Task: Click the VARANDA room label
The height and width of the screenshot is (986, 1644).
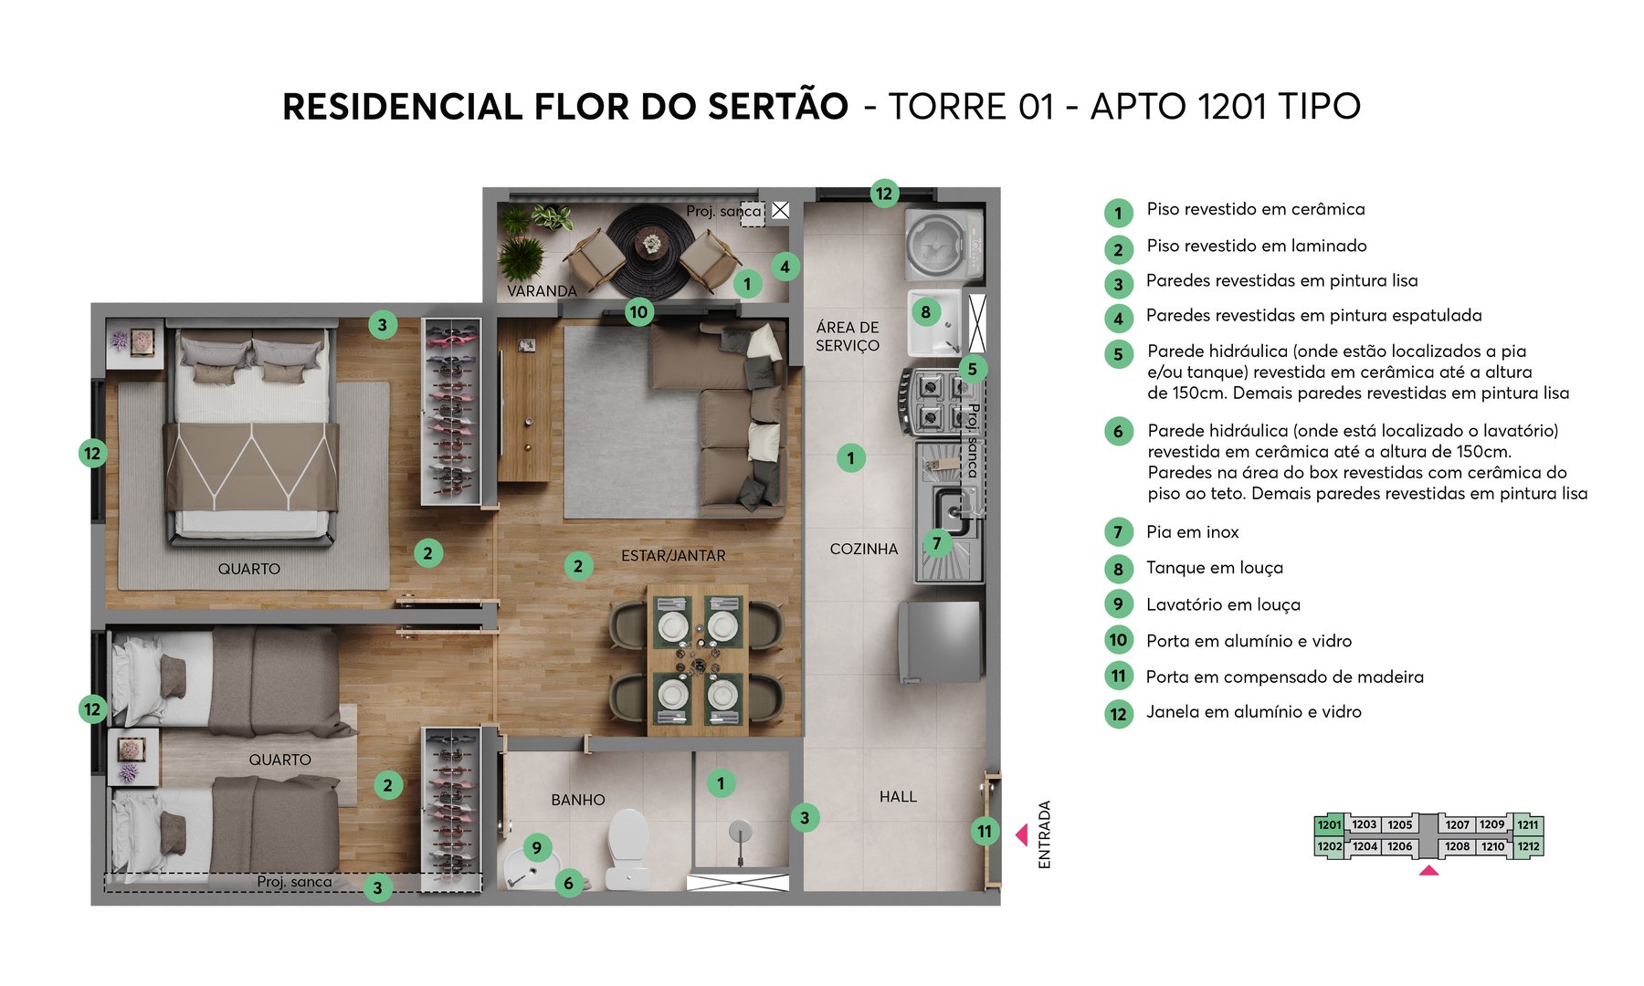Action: tap(542, 291)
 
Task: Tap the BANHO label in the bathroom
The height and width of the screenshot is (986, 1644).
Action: tap(577, 800)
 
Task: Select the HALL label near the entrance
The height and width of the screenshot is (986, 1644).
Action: tap(898, 797)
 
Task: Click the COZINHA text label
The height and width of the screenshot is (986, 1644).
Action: tap(863, 549)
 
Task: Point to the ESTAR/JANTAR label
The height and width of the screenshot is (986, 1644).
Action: tap(673, 555)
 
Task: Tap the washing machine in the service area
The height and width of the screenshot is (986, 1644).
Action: tap(943, 245)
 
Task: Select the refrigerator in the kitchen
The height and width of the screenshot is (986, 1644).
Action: tap(941, 641)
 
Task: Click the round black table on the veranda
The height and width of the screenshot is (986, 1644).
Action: tap(651, 248)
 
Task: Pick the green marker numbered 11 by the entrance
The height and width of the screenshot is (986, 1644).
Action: tap(984, 831)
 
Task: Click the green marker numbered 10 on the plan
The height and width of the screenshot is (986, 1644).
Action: tap(638, 311)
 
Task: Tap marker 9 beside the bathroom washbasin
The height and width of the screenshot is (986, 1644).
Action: tap(536, 847)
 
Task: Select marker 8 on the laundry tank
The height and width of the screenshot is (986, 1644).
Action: tap(925, 311)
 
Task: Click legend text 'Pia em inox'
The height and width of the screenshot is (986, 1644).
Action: tap(1192, 532)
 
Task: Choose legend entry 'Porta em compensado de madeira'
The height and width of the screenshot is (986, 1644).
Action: tap(1284, 677)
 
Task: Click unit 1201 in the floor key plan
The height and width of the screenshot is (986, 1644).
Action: tap(1329, 824)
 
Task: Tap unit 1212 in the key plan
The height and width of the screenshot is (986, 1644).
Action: tap(1528, 846)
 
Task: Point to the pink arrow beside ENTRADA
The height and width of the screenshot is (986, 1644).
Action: tap(1022, 834)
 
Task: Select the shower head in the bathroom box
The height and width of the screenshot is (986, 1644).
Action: tap(740, 831)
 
